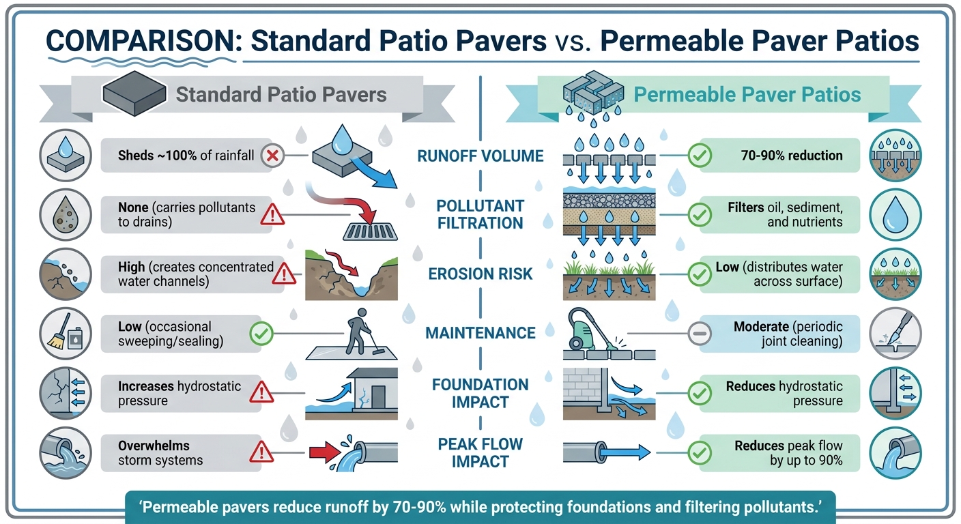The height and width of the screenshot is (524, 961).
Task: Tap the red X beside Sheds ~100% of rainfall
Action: pyautogui.click(x=272, y=156)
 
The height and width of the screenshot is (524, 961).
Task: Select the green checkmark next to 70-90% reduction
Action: pyautogui.click(x=700, y=156)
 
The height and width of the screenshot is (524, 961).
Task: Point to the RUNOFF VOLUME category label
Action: pyautogui.click(x=480, y=156)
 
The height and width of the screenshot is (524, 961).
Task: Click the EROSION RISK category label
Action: pyautogui.click(x=480, y=274)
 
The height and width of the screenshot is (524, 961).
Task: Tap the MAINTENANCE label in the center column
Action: pyautogui.click(x=480, y=333)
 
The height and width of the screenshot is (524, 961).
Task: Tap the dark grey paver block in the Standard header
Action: pyautogui.click(x=134, y=94)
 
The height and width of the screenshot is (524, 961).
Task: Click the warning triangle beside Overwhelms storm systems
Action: pyautogui.click(x=261, y=451)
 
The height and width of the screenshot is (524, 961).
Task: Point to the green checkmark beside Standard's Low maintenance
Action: pyautogui.click(x=261, y=333)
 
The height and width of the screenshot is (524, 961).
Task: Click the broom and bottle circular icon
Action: pyautogui.click(x=66, y=332)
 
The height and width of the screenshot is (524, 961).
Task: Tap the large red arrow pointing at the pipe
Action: pyautogui.click(x=326, y=452)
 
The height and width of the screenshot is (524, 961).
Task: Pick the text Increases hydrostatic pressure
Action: pyautogui.click(x=180, y=393)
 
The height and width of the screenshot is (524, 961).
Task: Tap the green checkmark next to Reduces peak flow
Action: pyautogui.click(x=700, y=451)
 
